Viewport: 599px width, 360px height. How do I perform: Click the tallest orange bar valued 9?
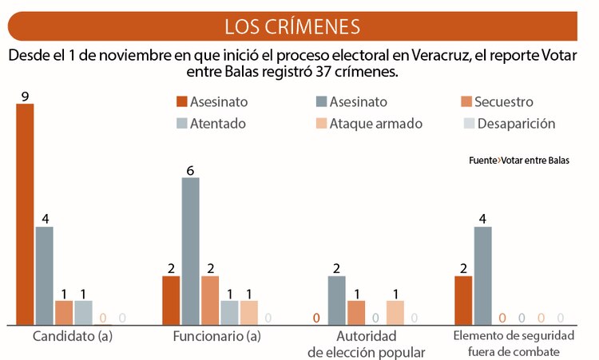coord(26,214)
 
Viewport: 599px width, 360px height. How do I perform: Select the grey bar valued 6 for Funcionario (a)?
coord(190,251)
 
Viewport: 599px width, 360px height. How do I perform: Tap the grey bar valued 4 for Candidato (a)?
coord(45,275)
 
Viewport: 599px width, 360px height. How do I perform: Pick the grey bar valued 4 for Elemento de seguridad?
coord(482,275)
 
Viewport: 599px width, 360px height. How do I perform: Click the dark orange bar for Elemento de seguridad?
coord(463,300)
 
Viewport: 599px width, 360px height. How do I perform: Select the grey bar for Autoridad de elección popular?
coord(337,300)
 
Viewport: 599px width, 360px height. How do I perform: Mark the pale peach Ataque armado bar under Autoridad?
coord(395,312)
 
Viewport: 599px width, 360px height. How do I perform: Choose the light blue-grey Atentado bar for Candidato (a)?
coord(83,312)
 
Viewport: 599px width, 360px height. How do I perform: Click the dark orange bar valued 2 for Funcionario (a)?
coord(171,300)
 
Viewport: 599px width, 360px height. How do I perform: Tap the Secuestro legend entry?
coord(495,102)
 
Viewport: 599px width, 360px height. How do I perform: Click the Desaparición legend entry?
coord(508,124)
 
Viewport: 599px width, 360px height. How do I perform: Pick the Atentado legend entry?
coord(211,124)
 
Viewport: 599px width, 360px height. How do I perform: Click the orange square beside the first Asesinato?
coord(180,102)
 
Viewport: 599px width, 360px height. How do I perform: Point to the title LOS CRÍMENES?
coord(292,26)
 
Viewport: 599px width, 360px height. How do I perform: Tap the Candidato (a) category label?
coord(73,336)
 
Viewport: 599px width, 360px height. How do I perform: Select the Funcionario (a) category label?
coord(217,336)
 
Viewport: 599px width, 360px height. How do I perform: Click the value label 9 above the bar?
coord(26,96)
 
